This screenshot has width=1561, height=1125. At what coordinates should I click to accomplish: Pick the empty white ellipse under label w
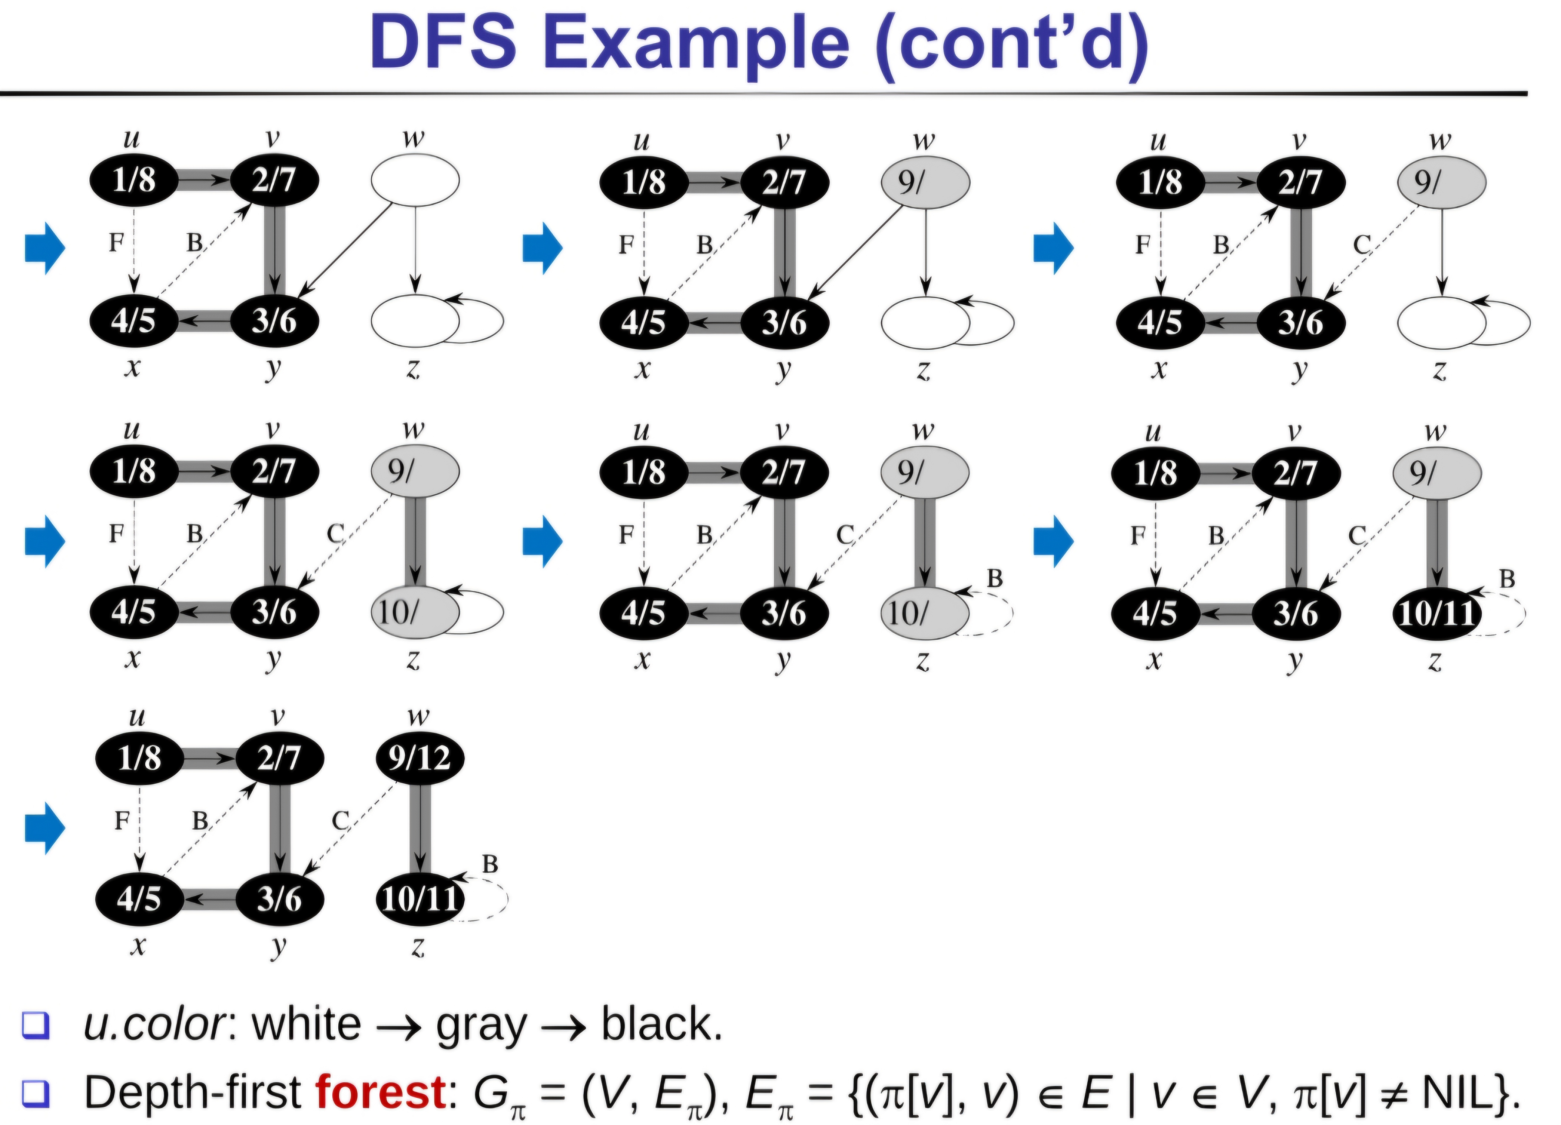pos(415,181)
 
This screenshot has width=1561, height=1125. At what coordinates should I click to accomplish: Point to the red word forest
pos(381,1091)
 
